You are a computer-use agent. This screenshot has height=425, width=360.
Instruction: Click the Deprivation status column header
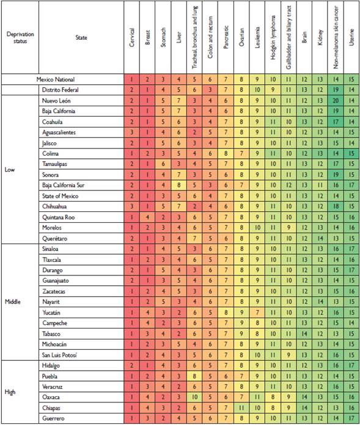point(20,37)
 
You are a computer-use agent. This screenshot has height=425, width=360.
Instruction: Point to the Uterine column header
point(351,37)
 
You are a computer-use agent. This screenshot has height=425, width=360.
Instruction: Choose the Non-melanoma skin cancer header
point(335,37)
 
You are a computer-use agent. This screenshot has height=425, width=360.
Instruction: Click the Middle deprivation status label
point(13,302)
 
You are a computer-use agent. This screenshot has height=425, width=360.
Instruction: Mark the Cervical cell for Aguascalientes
point(132,132)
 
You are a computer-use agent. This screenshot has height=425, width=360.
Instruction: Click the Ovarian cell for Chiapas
point(241,407)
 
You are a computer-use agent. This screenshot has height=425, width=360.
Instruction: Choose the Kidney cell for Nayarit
point(320,302)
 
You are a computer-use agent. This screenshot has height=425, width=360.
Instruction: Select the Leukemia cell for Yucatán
point(257,312)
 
